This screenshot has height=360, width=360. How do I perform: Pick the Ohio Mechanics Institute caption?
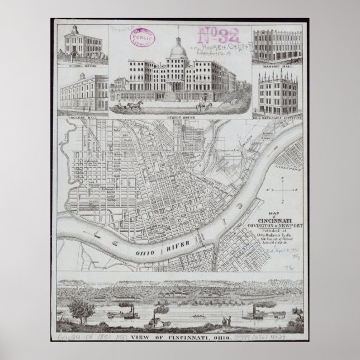tap(277, 118)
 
